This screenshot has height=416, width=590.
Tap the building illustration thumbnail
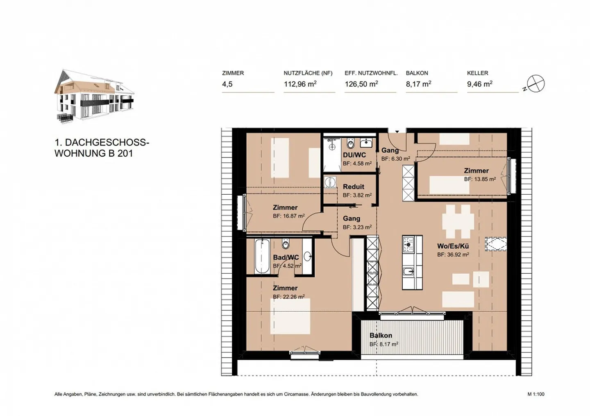pos(94,97)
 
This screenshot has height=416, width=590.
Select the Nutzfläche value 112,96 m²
pos(300,84)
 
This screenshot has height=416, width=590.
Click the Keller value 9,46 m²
pos(479,84)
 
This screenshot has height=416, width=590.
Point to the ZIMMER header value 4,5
pos(227,84)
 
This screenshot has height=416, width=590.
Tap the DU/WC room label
pos(354,155)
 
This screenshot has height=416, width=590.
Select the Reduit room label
pos(354,187)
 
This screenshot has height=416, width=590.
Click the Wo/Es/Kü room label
pos(453,246)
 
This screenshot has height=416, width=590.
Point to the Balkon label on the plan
pos(381,335)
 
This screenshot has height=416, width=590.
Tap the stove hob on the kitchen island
pos(408,244)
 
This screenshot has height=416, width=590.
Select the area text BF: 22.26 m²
pos(288,297)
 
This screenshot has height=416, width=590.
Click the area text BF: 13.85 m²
pos(480,179)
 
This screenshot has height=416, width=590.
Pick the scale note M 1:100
pos(536,394)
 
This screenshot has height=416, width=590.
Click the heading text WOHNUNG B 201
pos(94,154)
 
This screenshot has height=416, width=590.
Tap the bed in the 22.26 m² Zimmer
pos(290,316)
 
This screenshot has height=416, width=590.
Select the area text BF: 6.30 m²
pos(395,159)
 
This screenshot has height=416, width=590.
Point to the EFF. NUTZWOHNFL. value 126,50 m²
pos(361,84)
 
